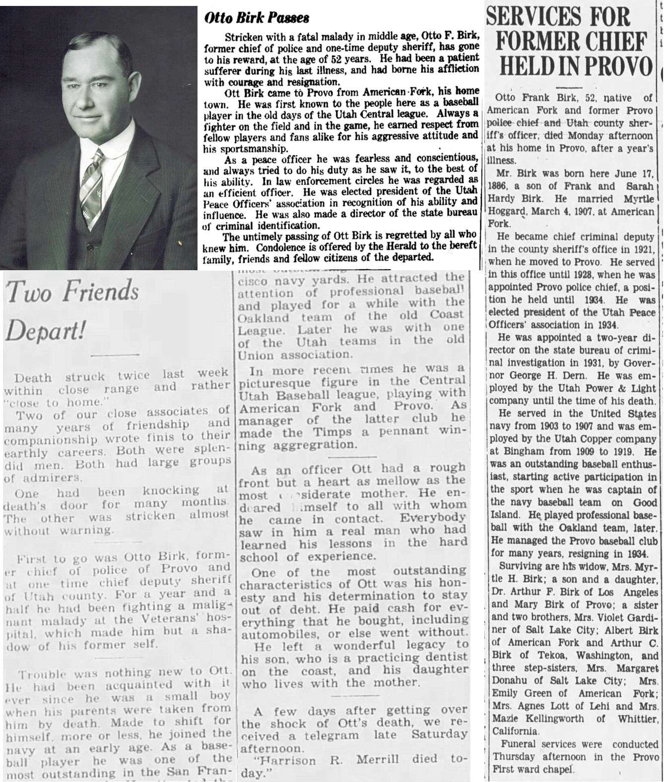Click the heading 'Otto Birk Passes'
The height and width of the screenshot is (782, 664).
[257, 18]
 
